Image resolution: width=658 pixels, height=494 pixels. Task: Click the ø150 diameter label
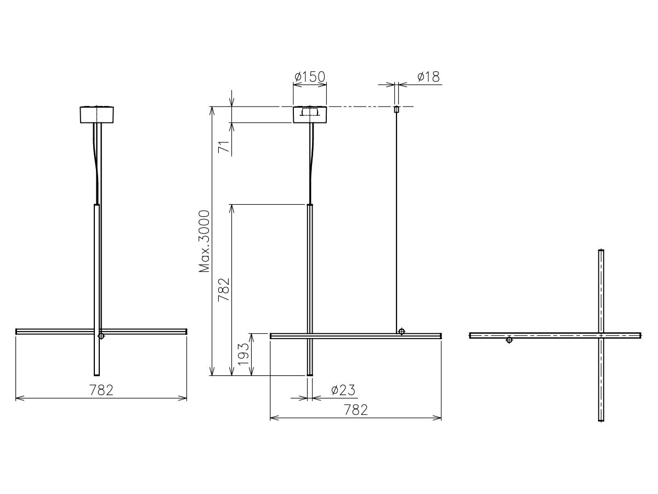point(310,77)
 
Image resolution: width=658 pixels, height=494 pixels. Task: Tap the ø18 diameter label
point(428,77)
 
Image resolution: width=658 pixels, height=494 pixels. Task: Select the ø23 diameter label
point(343,390)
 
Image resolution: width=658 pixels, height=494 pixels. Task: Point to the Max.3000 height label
point(205,242)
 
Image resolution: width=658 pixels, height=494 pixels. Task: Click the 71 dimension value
point(224,147)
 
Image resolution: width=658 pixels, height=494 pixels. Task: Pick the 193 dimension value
point(243,354)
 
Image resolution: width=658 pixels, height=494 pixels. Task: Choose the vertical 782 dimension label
point(224,290)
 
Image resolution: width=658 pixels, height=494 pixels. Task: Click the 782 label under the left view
point(101,390)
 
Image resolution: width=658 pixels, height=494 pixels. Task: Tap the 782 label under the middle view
point(355,410)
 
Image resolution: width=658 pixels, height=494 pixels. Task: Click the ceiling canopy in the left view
point(97,115)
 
